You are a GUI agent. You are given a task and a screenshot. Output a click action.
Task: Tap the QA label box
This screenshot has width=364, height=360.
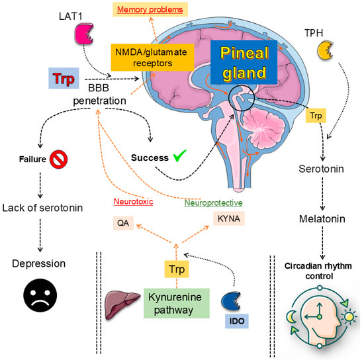click(x=121, y=223)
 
